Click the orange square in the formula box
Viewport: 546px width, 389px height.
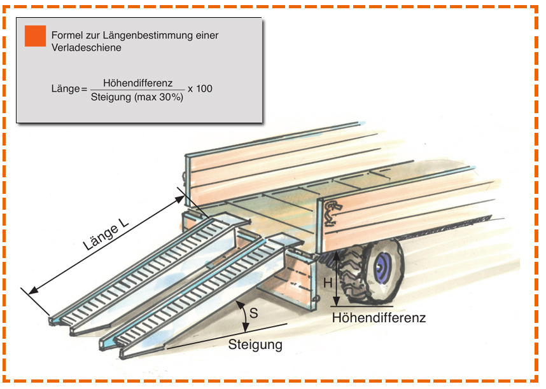tap(36, 36)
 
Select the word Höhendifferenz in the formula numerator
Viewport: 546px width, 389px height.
tap(137, 83)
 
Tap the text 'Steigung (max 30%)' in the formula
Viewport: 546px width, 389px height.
tap(137, 98)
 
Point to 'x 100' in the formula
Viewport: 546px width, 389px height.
tap(200, 89)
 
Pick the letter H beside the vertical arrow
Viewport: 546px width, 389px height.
tap(328, 283)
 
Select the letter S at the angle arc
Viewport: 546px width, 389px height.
tap(254, 313)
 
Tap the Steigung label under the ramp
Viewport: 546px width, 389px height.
tap(255, 345)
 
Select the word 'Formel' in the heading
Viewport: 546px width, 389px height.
tap(66, 36)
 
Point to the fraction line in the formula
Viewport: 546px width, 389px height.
tap(137, 90)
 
